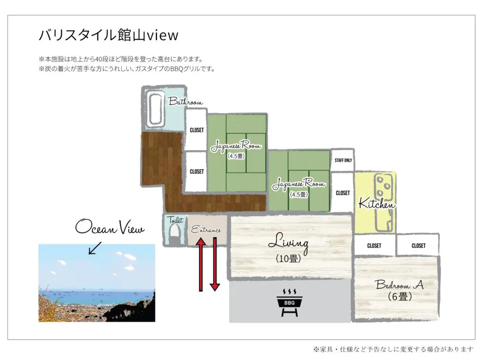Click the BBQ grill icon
289,303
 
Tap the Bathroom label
186,102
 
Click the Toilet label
175,220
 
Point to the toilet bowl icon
175,234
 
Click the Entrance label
206,230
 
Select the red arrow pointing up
201,264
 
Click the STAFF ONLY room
343,160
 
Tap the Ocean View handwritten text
110,227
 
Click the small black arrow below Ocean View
95,248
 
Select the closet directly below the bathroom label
196,130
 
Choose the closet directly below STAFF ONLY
343,193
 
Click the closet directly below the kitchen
374,245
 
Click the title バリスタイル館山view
109,35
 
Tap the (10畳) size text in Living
288,258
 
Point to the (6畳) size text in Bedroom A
400,296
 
